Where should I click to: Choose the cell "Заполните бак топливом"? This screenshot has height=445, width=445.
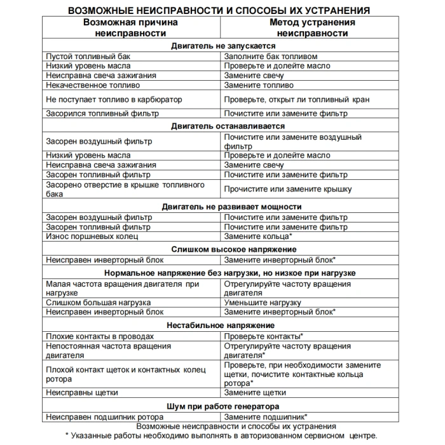tap(270, 56)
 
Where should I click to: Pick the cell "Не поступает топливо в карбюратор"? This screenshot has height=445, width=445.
tap(114, 99)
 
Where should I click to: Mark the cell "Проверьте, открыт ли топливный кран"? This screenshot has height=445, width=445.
tap(296, 99)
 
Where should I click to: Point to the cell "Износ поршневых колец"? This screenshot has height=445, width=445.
tap(92, 236)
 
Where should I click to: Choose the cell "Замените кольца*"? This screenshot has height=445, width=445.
tap(258, 236)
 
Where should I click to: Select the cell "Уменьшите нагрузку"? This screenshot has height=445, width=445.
tap(261, 302)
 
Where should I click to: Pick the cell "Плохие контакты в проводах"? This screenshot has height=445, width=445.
tap(100, 336)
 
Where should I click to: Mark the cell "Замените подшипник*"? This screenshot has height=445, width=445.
tap(265, 416)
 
